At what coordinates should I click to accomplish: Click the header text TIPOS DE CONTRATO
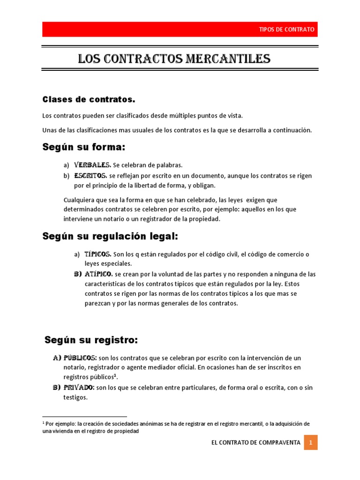coord(287,30)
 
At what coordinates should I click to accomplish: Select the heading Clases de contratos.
coord(89,99)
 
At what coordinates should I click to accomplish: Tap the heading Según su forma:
coord(84,147)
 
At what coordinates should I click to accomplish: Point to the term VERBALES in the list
coord(92,165)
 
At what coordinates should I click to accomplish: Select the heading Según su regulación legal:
coord(110,236)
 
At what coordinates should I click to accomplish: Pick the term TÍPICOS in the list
coord(97,254)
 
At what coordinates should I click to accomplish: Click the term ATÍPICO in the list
coord(98,273)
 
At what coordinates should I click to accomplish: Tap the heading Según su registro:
coord(91,339)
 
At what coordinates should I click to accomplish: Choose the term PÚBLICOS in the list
coord(80,358)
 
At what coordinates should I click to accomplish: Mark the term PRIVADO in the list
coord(79,388)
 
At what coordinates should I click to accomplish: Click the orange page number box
coord(310,442)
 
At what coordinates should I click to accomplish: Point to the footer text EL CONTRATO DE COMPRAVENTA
coord(255,442)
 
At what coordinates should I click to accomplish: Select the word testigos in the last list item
coord(75,397)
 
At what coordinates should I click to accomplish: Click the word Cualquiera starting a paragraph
coord(79,200)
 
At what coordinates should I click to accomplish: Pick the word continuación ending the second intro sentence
coord(291,130)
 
